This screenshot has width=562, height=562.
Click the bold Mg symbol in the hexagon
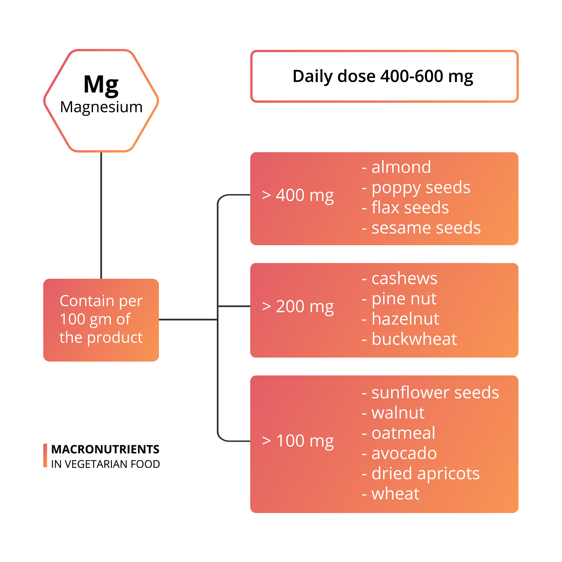tap(101, 85)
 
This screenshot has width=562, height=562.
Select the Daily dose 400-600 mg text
tap(383, 77)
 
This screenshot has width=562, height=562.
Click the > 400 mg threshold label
tap(298, 195)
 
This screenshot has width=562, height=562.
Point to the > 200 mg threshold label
tap(298, 307)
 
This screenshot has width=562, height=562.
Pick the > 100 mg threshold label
tap(298, 441)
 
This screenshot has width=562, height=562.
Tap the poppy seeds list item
tap(416, 188)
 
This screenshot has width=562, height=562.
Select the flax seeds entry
tap(405, 207)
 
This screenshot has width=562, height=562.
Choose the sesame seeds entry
tap(421, 228)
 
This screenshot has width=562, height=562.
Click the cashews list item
tap(399, 279)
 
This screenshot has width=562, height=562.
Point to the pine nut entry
tap(399, 299)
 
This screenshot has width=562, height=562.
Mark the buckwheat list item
tap(409, 339)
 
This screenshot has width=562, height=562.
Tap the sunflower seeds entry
tap(430, 393)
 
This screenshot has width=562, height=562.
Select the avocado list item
tap(399, 453)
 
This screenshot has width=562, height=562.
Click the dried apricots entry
tap(421, 474)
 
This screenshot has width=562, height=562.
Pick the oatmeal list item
tap(398, 433)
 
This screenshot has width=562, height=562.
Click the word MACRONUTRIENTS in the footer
tap(105, 449)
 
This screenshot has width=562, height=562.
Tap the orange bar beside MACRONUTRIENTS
tap(45, 456)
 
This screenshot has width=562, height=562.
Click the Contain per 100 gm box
tap(101, 320)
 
